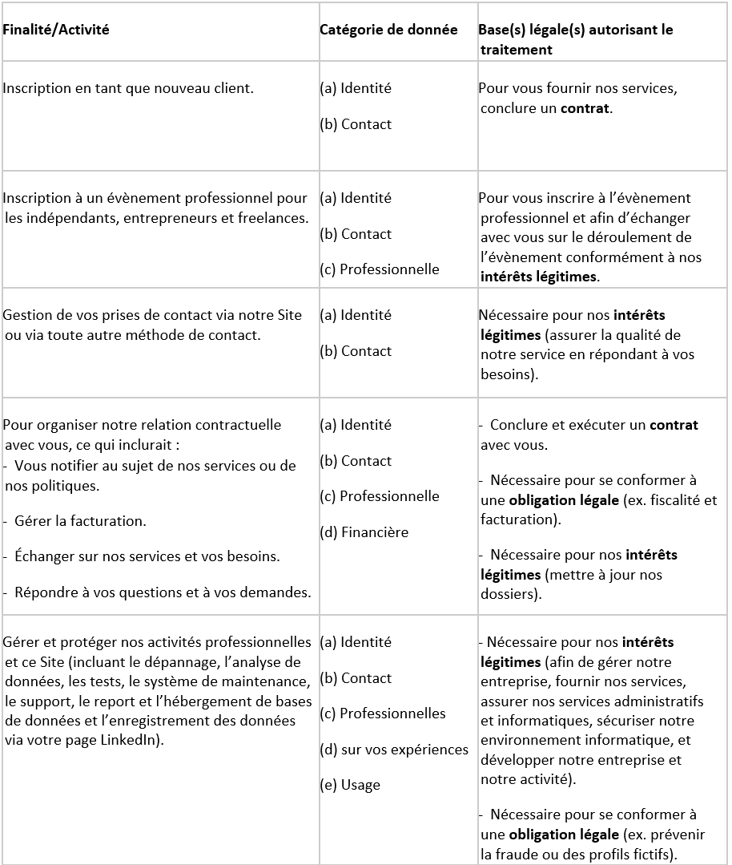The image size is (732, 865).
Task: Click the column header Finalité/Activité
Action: click(x=56, y=30)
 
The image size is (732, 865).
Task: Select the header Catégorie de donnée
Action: click(x=388, y=30)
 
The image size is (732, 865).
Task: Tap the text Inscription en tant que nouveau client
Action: click(x=128, y=88)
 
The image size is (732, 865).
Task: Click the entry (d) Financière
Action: click(x=364, y=532)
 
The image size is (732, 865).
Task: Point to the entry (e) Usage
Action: click(x=350, y=785)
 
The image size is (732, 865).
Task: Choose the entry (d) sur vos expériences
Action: click(x=394, y=750)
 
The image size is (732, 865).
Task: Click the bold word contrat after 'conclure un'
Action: click(x=585, y=108)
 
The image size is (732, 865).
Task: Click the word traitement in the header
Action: click(x=517, y=50)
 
